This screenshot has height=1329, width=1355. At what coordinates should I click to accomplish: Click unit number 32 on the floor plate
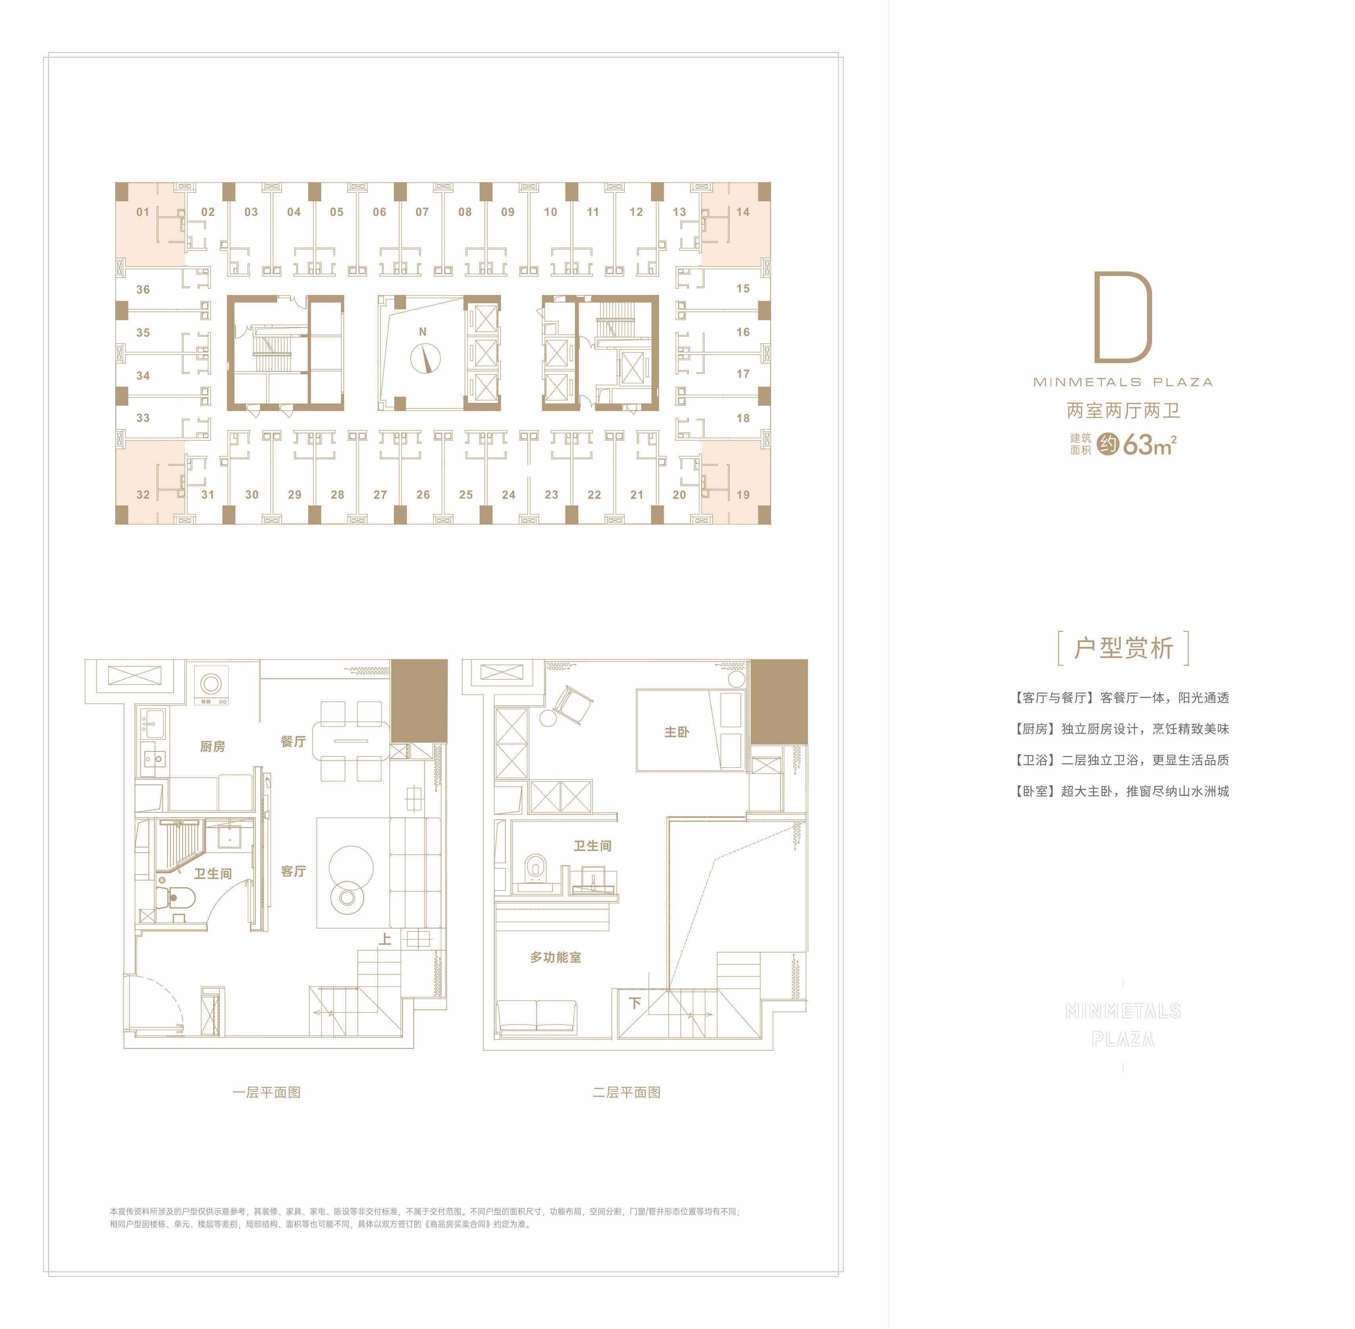point(143,494)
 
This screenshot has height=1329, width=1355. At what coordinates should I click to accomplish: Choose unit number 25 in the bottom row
point(466,494)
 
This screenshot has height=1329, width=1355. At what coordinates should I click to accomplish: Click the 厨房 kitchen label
point(212,746)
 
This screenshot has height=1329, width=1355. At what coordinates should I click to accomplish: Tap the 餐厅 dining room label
point(293,741)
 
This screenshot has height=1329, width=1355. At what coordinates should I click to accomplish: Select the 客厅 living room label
point(293,871)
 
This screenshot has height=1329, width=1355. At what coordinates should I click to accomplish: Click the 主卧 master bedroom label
point(677,732)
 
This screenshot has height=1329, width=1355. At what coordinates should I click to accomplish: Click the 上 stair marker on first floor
point(385,939)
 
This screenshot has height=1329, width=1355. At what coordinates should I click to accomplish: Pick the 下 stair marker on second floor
point(634,1003)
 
